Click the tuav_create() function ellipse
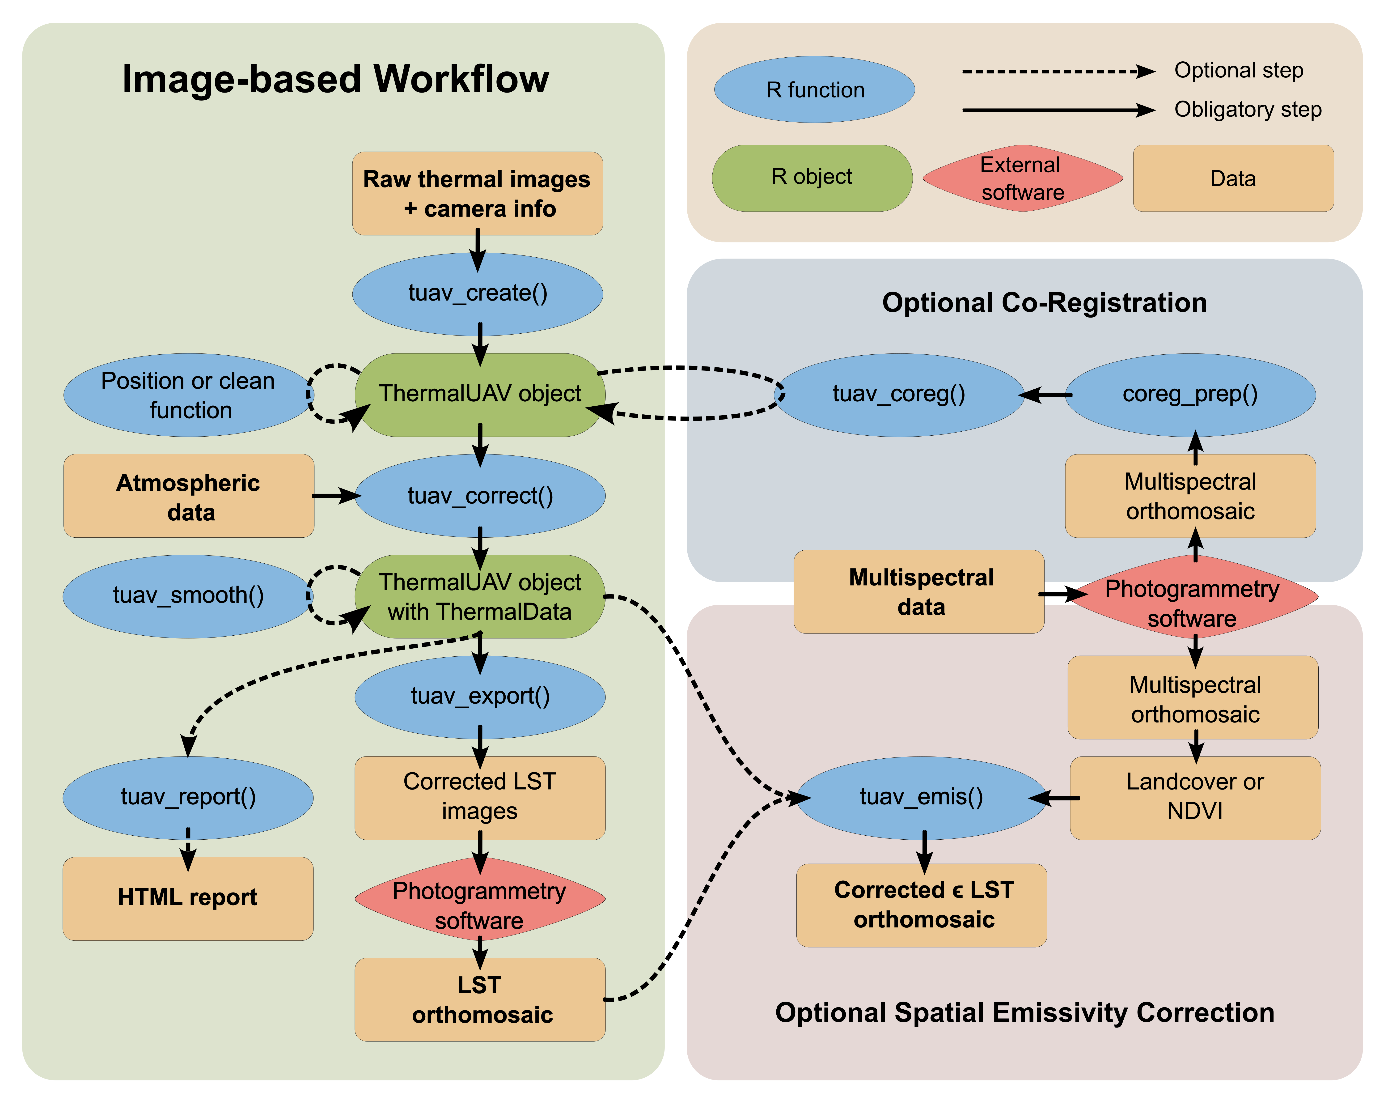(478, 293)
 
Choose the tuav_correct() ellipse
(480, 496)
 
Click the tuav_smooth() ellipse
(188, 595)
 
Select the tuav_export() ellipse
(480, 697)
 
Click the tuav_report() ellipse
(188, 797)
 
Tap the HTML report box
(188, 898)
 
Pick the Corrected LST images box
(480, 797)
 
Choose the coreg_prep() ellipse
(1190, 395)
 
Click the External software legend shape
(1022, 178)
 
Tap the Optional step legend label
(1239, 70)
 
